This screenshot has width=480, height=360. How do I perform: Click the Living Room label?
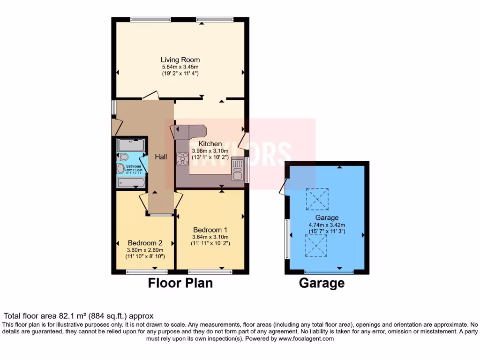pyautogui.click(x=180, y=60)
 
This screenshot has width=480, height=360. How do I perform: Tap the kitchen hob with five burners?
pyautogui.click(x=182, y=159)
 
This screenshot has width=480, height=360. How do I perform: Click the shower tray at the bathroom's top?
pyautogui.click(x=131, y=144)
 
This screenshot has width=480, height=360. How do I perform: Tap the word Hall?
pyautogui.click(x=161, y=157)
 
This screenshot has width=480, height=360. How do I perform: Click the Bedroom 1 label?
pyautogui.click(x=210, y=230)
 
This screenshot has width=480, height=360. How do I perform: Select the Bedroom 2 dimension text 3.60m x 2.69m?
pyautogui.click(x=145, y=250)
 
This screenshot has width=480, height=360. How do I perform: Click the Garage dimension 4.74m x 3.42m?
pyautogui.click(x=327, y=225)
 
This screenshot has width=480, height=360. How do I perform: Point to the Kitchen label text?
pyautogui.click(x=210, y=144)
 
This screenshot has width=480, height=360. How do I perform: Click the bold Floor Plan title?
pyautogui.click(x=180, y=283)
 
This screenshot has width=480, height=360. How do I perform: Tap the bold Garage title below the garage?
pyautogui.click(x=322, y=283)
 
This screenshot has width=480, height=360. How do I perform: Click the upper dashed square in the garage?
pyautogui.click(x=317, y=199)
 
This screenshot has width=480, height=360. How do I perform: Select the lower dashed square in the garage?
pyautogui.click(x=316, y=246)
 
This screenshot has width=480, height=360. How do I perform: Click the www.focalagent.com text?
pyautogui.click(x=306, y=338)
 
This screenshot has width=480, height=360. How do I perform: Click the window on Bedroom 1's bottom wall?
pyautogui.click(x=210, y=271)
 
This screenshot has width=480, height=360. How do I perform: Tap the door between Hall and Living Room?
pyautogui.click(x=151, y=96)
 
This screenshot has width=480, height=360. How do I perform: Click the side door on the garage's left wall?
pyautogui.click(x=282, y=187)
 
